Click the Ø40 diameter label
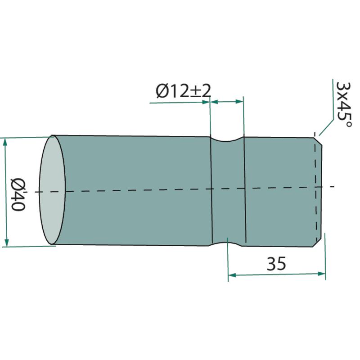coord(18,194)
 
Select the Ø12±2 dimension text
coord(183,91)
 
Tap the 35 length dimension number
coord(276,264)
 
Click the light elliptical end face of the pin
coord(52,189)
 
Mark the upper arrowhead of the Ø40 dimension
coord(5,143)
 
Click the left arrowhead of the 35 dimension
coord(232,275)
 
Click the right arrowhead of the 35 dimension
coord(321,274)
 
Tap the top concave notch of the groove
coord(227,139)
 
